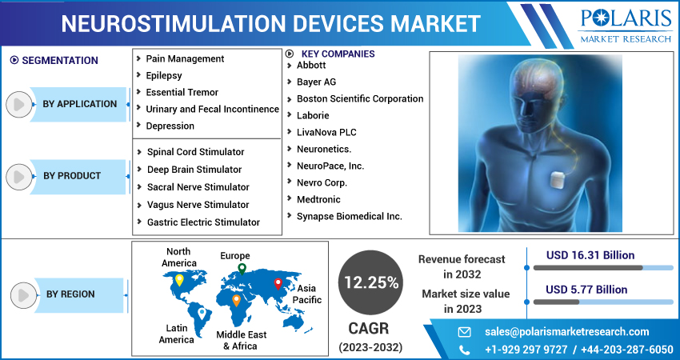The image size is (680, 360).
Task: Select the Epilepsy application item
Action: [164, 75]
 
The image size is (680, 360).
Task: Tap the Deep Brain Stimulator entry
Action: [194, 170]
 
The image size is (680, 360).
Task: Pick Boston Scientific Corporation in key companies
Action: [360, 98]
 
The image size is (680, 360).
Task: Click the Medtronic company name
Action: [318, 199]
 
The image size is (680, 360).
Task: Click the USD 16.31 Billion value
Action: [590, 255]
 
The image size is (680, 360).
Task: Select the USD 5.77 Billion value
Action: [586, 289]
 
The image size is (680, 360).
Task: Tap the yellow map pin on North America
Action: [179, 281]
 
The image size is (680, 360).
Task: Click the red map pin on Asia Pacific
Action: [278, 282]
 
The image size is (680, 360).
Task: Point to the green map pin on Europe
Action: [242, 269]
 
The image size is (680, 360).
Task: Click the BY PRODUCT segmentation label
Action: [72, 176]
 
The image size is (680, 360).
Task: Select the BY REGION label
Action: [70, 294]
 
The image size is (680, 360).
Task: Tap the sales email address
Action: [567, 332]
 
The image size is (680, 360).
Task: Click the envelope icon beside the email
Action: [464, 332]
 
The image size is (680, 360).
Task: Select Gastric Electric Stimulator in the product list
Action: [203, 222]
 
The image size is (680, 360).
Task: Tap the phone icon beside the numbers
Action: [464, 350]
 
